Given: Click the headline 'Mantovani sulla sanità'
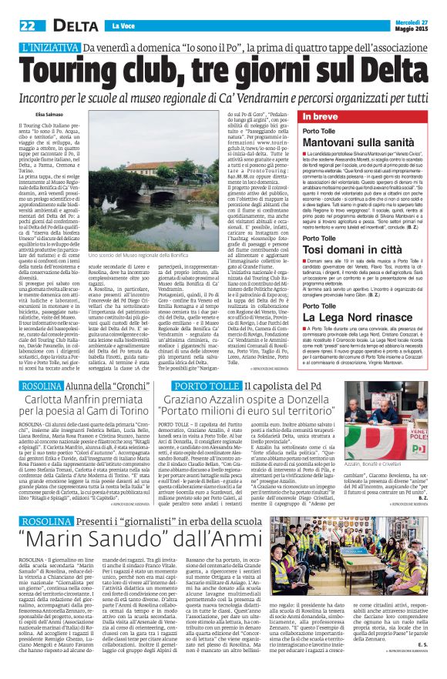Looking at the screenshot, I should click(x=353, y=142).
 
